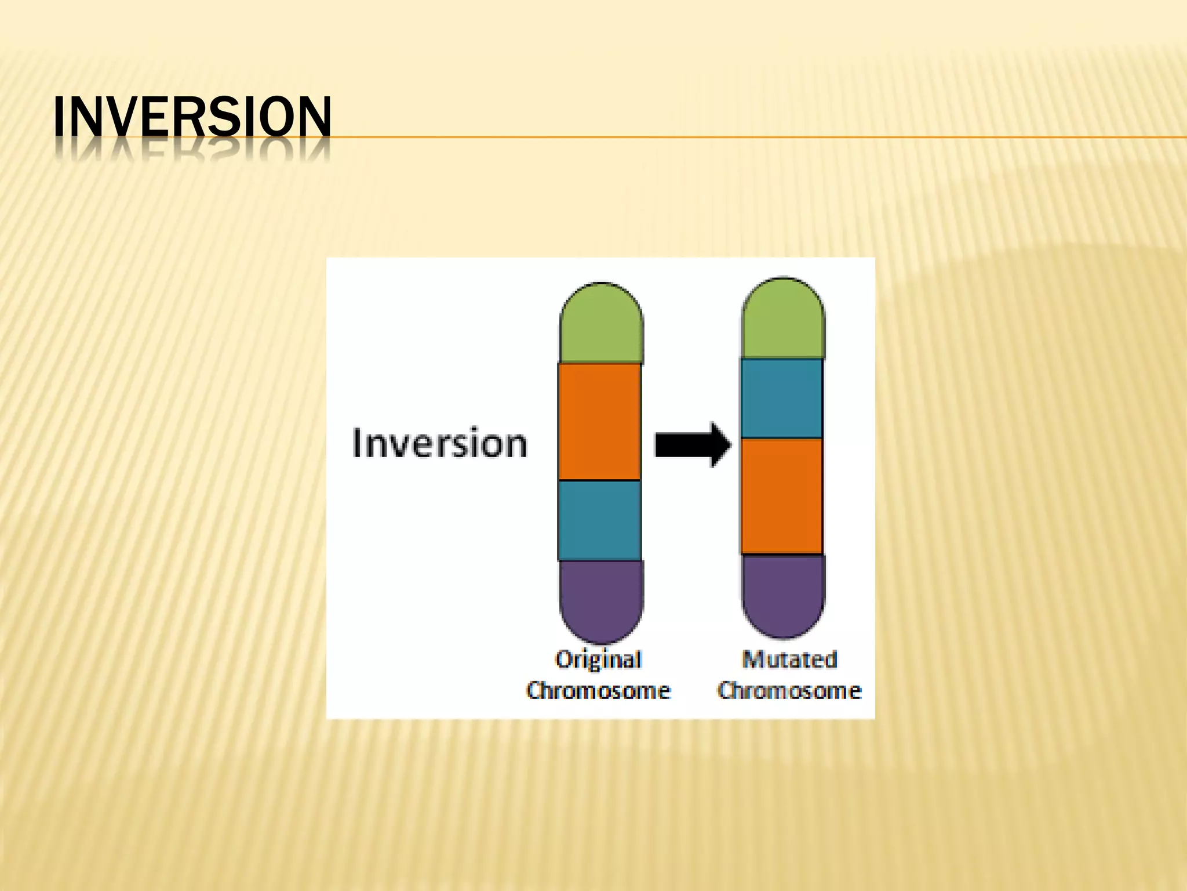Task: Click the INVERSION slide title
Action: tap(192, 117)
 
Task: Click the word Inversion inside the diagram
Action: tap(439, 444)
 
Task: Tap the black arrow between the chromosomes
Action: tap(692, 445)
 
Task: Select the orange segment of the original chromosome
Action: tap(600, 422)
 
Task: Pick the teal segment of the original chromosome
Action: tap(600, 520)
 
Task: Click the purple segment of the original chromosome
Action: tap(601, 597)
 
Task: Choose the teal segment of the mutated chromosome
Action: tap(782, 399)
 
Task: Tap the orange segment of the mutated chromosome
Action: tap(782, 496)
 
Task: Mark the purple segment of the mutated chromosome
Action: tap(784, 593)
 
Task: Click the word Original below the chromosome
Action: tap(598, 660)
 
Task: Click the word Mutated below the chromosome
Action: tap(789, 660)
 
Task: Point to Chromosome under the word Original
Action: tap(598, 691)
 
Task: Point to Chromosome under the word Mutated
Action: tap(789, 691)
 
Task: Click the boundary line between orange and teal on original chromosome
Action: tap(600, 480)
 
